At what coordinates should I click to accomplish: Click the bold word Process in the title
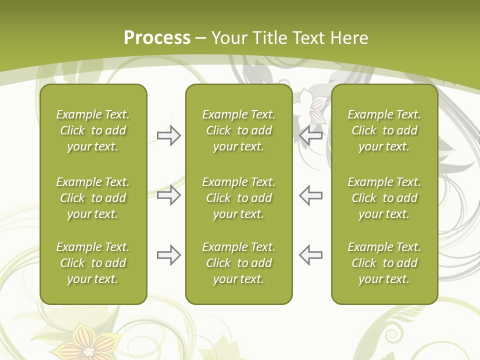[x=157, y=38]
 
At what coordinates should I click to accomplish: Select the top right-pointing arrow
[x=168, y=135]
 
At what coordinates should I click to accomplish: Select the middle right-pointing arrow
[x=168, y=195]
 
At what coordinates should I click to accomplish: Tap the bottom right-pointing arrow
[x=168, y=255]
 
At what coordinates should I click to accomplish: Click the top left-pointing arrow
[x=310, y=135]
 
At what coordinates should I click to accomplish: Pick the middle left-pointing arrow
[x=310, y=195]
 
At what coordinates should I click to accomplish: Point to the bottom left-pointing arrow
[x=310, y=255]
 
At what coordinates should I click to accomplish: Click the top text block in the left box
[x=93, y=130]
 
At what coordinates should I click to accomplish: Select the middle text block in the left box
[x=93, y=198]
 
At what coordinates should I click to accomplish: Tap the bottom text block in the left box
[x=93, y=263]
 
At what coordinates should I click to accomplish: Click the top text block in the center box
[x=238, y=130]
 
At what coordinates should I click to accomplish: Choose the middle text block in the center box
[x=238, y=198]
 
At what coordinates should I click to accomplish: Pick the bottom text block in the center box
[x=238, y=263]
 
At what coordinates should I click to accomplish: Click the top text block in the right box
[x=384, y=130]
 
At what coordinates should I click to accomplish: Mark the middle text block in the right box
[x=384, y=198]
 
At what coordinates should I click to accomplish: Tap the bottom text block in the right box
[x=384, y=263]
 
